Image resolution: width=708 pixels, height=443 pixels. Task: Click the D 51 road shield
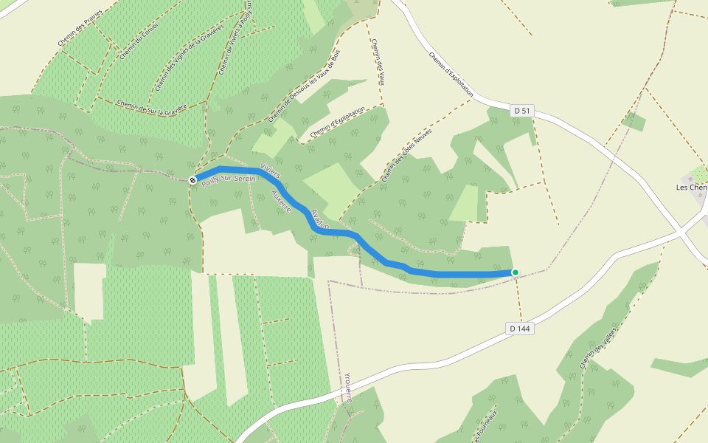[521, 111]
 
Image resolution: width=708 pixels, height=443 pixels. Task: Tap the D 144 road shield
[519, 328]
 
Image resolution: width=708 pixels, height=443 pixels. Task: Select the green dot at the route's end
[515, 272]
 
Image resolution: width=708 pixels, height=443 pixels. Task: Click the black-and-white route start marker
[192, 179]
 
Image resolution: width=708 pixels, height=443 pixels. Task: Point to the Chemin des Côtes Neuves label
[406, 154]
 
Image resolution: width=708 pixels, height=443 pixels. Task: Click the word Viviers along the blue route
[271, 170]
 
